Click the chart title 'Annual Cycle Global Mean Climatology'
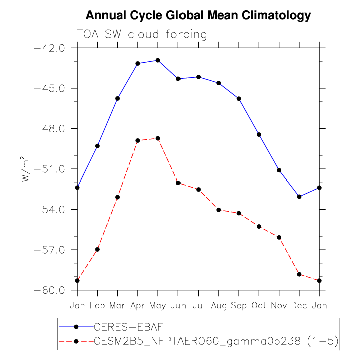[198, 16]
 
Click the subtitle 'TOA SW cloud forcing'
[141, 35]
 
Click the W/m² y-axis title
[26, 169]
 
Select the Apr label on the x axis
[137, 305]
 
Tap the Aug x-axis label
[219, 305]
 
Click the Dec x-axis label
[299, 305]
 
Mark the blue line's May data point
[158, 60]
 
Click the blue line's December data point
[299, 197]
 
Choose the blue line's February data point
[97, 146]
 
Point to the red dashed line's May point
[158, 138]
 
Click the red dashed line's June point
[178, 183]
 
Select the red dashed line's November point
[279, 237]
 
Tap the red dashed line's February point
[97, 249]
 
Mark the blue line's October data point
[259, 134]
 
